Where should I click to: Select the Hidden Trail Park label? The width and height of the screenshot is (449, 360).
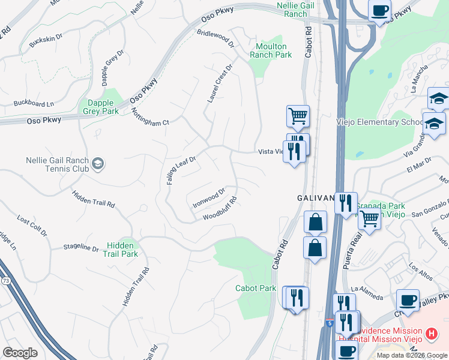[x=122, y=250]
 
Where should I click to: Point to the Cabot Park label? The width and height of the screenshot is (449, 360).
[x=256, y=289]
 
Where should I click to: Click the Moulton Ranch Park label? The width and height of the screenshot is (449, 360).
[x=271, y=50]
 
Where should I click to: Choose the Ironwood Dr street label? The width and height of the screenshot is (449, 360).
[x=208, y=198]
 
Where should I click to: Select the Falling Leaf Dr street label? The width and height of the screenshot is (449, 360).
[x=181, y=170]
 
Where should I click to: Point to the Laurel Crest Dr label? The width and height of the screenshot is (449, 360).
[x=219, y=84]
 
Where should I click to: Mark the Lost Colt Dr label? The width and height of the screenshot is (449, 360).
[x=32, y=226]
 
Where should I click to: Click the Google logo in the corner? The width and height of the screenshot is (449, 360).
[x=20, y=352]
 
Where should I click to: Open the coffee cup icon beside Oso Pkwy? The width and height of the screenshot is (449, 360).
[x=379, y=10]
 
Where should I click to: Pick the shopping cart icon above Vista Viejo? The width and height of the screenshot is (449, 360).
[x=298, y=115]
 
